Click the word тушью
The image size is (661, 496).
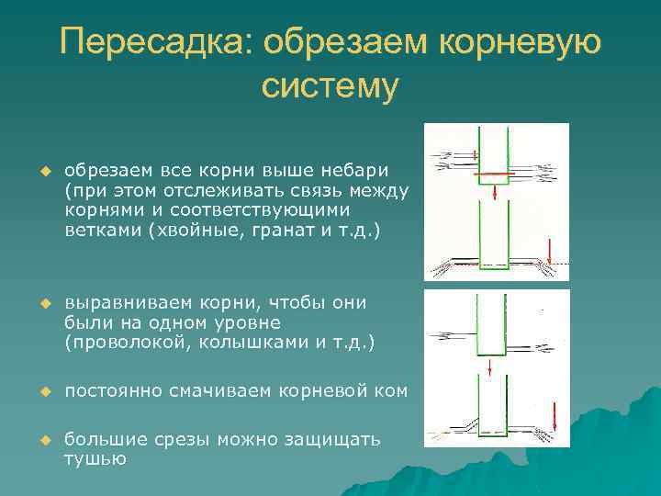click(95, 458)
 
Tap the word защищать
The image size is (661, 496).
click(340, 439)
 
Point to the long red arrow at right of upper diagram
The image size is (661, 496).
click(549, 250)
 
